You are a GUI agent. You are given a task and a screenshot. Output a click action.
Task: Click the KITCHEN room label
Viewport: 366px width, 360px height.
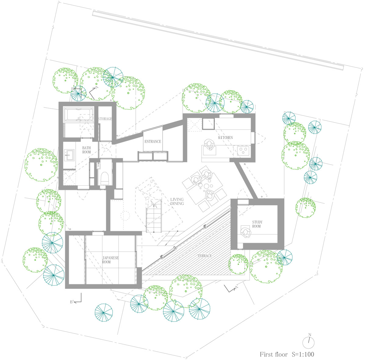pyautogui.click(x=225, y=138)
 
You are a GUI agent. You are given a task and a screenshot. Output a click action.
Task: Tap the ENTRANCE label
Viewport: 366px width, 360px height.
pyautogui.click(x=152, y=141)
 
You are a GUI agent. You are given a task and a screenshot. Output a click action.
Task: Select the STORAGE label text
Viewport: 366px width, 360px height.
pyautogui.click(x=105, y=119)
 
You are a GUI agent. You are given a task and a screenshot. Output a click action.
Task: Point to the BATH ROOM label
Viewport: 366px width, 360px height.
pyautogui.click(x=86, y=150)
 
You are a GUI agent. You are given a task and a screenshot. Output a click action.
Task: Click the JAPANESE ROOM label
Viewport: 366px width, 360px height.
pyautogui.click(x=110, y=260)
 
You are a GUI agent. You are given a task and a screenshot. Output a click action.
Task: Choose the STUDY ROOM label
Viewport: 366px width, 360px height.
pyautogui.click(x=257, y=224)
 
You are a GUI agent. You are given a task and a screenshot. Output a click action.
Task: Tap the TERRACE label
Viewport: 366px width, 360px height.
pyautogui.click(x=204, y=256)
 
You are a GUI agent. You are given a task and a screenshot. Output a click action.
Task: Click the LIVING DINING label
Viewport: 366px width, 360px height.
pyautogui.click(x=177, y=202)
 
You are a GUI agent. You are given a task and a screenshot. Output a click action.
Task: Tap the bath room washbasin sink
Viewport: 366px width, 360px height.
pyautogui.click(x=70, y=155)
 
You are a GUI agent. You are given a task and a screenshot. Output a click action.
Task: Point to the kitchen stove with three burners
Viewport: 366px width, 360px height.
pyautogui.click(x=243, y=150)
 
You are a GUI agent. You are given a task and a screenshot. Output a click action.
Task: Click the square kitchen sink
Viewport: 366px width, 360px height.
pyautogui.click(x=208, y=123)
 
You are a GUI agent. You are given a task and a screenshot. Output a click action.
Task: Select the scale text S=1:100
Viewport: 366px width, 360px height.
pyautogui.click(x=303, y=354)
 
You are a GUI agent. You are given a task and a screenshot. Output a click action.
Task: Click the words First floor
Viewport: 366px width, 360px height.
pyautogui.click(x=274, y=354)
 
